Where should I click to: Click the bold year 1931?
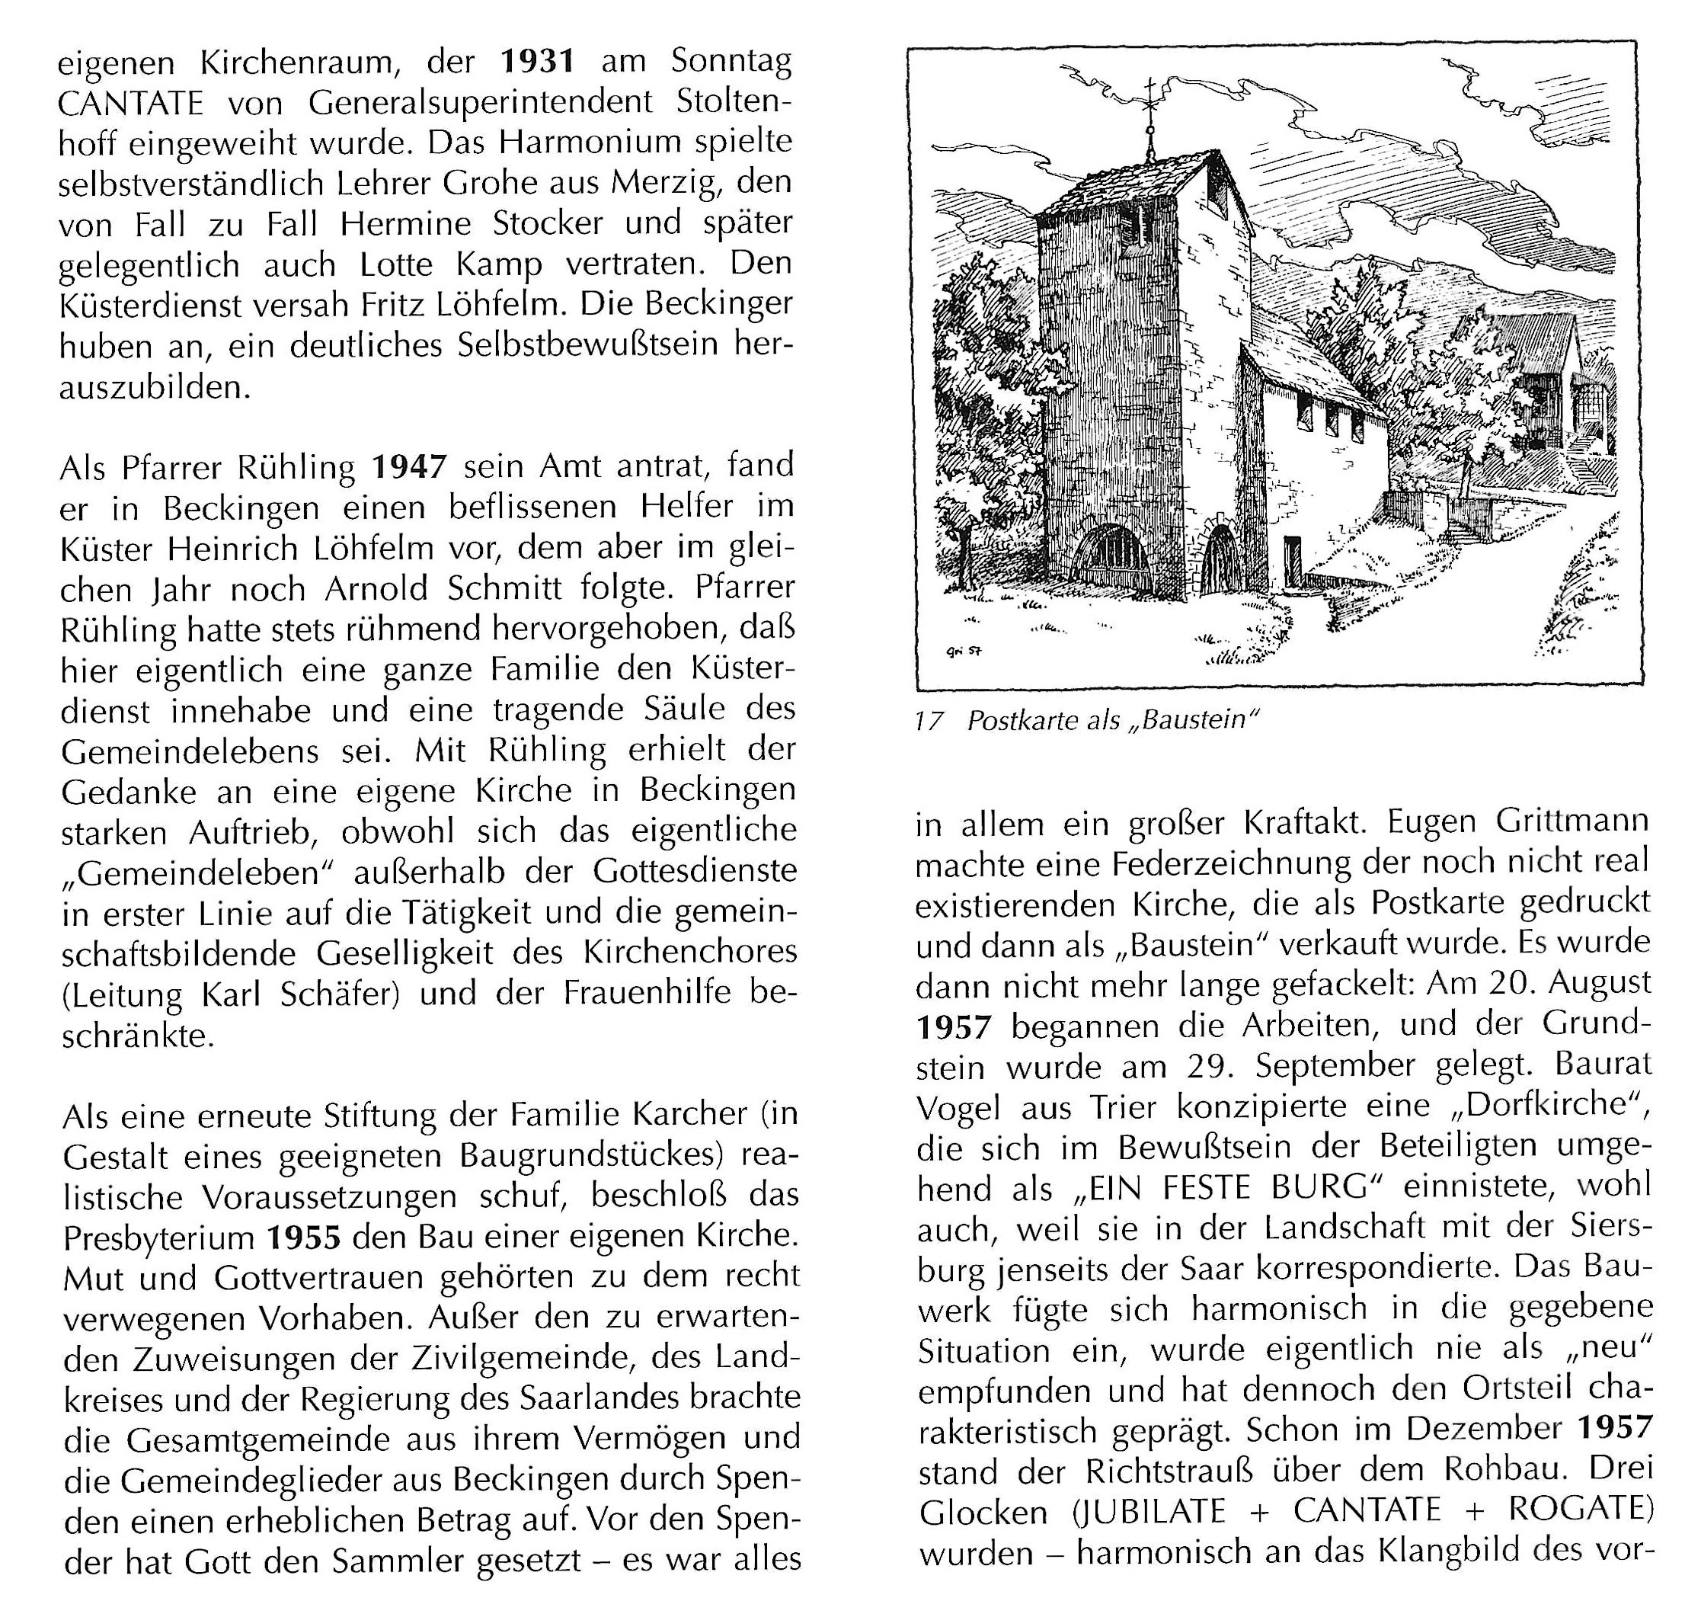pos(537,62)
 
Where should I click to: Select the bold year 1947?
pos(409,467)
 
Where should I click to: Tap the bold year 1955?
pos(303,1238)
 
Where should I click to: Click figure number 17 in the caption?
pos(930,721)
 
